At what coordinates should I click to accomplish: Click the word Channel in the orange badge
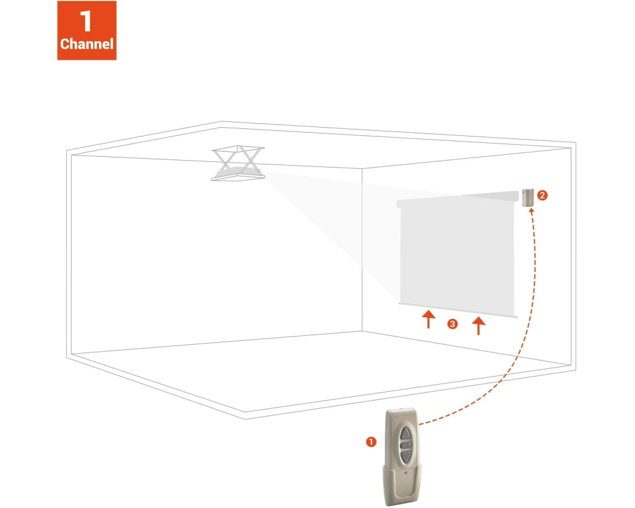(x=86, y=44)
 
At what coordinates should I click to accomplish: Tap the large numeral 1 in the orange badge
(x=86, y=21)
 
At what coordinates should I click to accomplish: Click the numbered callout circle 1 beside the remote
(x=371, y=441)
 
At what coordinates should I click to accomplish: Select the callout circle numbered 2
(x=542, y=195)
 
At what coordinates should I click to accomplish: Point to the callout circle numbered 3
(x=452, y=324)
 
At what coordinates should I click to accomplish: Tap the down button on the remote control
(x=405, y=456)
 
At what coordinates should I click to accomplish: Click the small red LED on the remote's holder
(x=405, y=472)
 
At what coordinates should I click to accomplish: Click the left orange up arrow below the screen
(x=429, y=319)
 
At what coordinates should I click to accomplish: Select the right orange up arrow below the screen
(x=479, y=326)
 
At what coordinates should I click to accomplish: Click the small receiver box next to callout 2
(x=528, y=197)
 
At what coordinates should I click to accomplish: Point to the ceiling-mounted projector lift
(x=238, y=163)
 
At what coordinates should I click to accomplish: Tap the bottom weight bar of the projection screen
(x=458, y=310)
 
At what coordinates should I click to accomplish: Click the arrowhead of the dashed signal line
(x=531, y=211)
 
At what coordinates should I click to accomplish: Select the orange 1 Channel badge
(x=86, y=30)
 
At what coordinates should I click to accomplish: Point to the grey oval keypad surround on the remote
(x=405, y=444)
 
